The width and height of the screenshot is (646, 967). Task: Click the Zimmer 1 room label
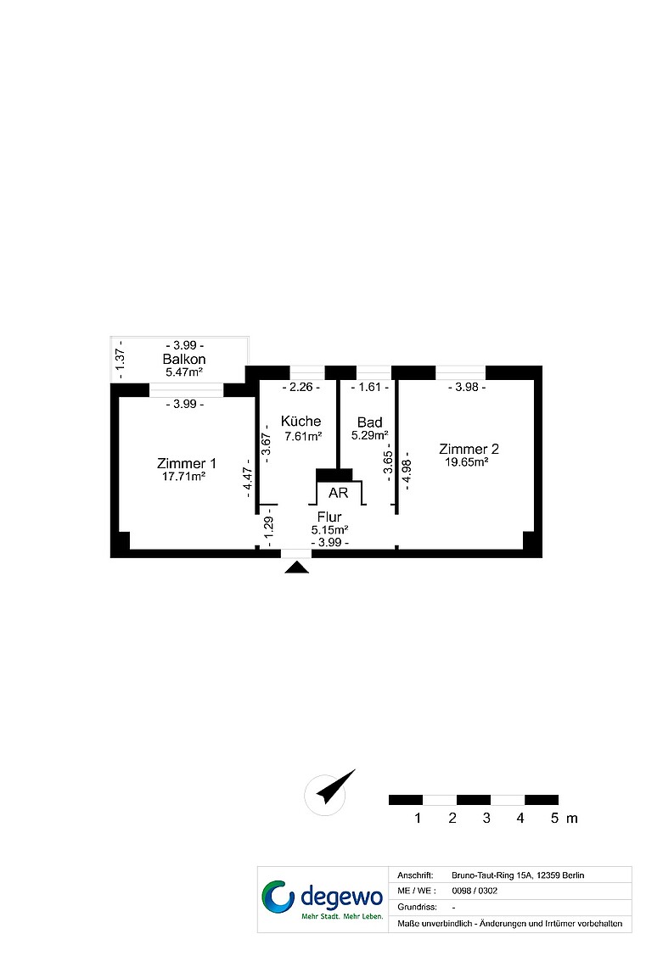[x=187, y=463]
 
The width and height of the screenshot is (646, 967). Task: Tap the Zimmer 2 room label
[x=469, y=449]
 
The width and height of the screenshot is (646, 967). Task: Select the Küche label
[x=301, y=422]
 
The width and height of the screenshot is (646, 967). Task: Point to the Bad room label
[x=369, y=422]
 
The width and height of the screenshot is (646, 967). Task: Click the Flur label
[x=329, y=517]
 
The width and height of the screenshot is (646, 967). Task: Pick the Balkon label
[x=184, y=359]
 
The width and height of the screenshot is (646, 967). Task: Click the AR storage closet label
[x=338, y=493]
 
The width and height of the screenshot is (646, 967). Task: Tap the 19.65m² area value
[x=467, y=462]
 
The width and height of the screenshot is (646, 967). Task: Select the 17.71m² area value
[x=184, y=477]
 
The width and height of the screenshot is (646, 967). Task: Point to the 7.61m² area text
[x=303, y=437]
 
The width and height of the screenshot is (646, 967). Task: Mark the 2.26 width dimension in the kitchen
[x=301, y=388]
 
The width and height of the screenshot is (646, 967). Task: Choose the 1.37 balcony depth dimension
[x=121, y=360]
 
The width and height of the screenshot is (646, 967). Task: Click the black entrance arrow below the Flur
[x=297, y=567]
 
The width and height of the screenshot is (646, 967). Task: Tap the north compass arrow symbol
[x=337, y=786]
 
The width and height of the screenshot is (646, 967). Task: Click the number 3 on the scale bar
[x=486, y=819]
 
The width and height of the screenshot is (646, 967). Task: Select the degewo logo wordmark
[x=342, y=897]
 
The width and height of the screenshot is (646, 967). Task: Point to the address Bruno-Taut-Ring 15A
[x=492, y=875]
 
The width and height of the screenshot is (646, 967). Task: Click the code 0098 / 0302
[x=475, y=891]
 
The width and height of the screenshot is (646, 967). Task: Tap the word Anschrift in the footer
[x=415, y=875]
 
